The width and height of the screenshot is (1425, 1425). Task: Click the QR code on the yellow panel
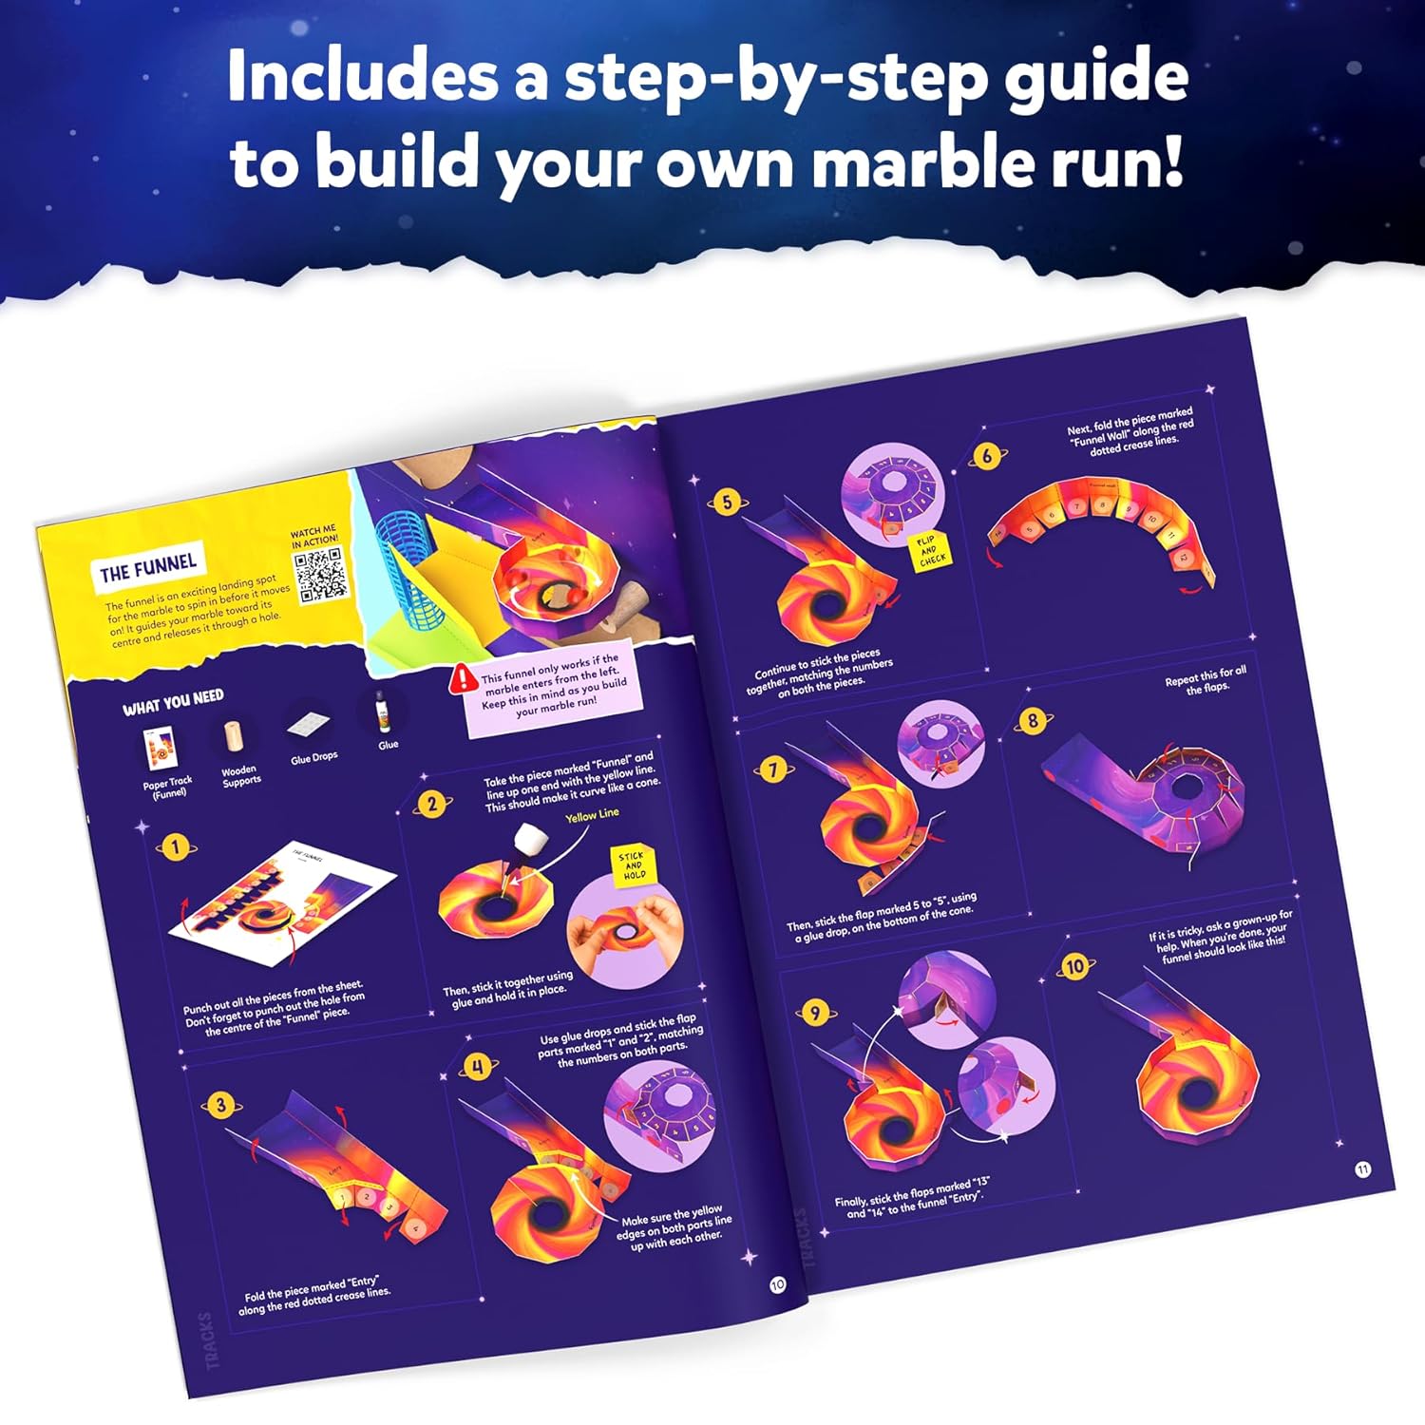coord(321,574)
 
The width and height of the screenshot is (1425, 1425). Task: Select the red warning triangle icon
coord(465,678)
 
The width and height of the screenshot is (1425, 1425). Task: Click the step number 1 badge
coord(175,846)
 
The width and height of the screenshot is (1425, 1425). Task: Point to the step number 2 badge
coord(432,805)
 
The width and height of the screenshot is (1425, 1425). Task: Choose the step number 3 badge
coord(220,1105)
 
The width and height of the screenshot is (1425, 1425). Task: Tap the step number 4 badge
coord(478,1067)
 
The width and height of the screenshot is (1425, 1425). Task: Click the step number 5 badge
coord(728,502)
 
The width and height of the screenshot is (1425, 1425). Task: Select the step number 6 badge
coord(987,456)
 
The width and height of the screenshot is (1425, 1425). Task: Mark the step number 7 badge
coord(772,769)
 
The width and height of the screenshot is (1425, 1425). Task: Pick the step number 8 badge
coord(1033,720)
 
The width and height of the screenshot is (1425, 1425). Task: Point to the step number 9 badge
coord(814,1013)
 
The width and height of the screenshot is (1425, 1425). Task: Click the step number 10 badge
coord(1074,967)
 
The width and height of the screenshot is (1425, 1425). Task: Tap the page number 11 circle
coord(1362,1169)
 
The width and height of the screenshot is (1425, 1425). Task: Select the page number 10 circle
coord(777,1284)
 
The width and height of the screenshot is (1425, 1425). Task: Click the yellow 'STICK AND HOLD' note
coord(633,864)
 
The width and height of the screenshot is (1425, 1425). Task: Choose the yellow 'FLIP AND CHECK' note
coord(928,551)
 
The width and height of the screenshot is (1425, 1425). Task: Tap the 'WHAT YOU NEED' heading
coord(173,702)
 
